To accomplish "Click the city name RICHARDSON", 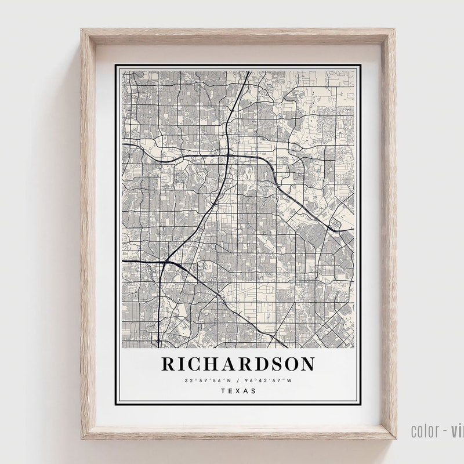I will click(238, 364).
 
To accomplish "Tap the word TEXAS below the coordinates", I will click(238, 391).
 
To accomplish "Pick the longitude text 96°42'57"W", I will click(269, 380).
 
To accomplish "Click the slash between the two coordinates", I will click(238, 380).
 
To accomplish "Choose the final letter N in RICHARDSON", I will click(306, 364).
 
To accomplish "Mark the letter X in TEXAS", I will click(238, 391).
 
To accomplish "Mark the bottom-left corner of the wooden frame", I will click(82, 437).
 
